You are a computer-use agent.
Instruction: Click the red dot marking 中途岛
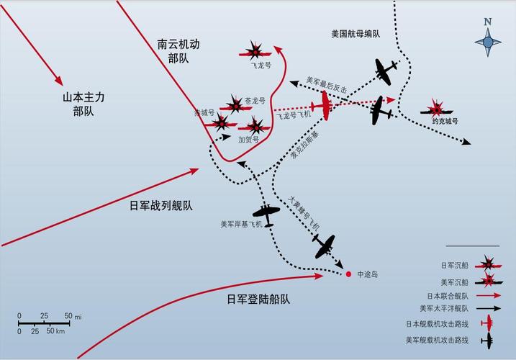pos(348,274)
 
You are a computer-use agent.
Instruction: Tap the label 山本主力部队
pos(83,104)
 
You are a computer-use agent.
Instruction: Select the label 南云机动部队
pos(178,51)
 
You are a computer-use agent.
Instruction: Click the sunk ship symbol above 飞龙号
pos(255,51)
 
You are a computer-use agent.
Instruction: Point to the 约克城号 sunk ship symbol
pos(437,109)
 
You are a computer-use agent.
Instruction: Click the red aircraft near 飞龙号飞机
pos(324,105)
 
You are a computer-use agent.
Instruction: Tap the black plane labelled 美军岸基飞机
pos(266,214)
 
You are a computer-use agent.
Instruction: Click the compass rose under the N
pos(488,42)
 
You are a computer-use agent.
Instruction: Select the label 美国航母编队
pos(356,34)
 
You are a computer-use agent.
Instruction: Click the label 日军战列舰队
pos(161,206)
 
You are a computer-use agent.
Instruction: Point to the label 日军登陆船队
pos(258,300)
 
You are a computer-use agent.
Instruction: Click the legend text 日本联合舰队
pos(448,296)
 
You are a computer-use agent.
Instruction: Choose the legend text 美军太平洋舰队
pos(444,309)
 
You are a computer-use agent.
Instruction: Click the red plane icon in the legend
pos(488,323)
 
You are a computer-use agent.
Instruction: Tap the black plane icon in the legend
pos(488,341)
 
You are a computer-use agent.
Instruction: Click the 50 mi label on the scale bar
pos(73,316)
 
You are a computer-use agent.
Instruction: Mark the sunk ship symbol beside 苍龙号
pos(235,105)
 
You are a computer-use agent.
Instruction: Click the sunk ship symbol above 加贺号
pos(255,127)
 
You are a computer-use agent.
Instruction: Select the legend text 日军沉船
pos(454,265)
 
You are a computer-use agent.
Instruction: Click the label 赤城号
pos(204,112)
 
